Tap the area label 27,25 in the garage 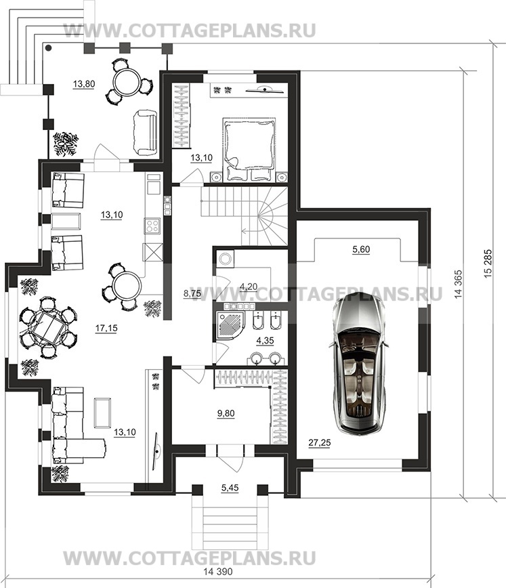coord(320,443)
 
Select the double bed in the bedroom coord(249,149)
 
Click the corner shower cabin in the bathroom coord(229,324)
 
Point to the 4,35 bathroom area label coord(265,341)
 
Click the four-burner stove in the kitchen coord(152,226)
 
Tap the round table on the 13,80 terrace coord(127,83)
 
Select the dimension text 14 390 coord(218,572)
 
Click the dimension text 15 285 coord(488,264)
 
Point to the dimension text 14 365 coord(459,285)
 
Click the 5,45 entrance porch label coord(230,488)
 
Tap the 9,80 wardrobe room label coord(226,413)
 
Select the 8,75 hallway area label coord(192,293)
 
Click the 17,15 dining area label coord(106,328)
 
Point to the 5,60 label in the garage coord(361,249)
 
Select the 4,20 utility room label coord(249,287)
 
